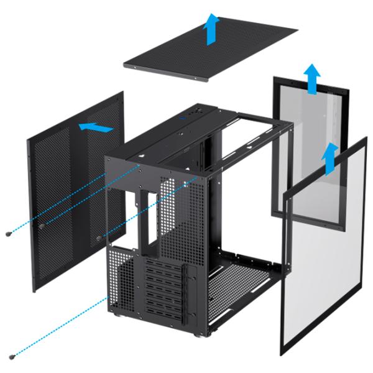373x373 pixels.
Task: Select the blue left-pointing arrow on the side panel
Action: (96, 127)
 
